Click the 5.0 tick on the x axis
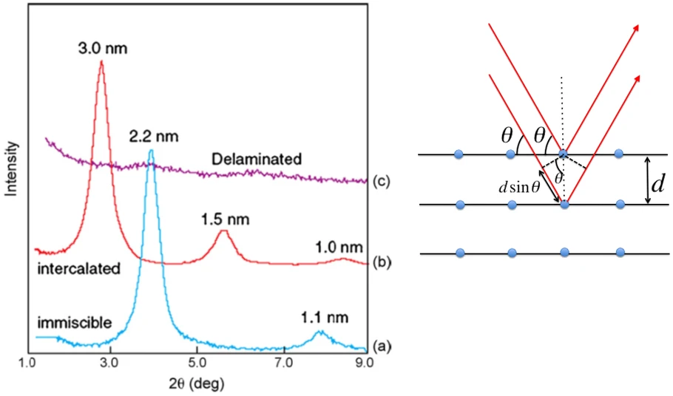coord(197,363)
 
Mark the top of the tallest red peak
coord(101,62)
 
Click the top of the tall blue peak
coord(151,151)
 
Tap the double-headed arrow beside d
coord(649,180)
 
